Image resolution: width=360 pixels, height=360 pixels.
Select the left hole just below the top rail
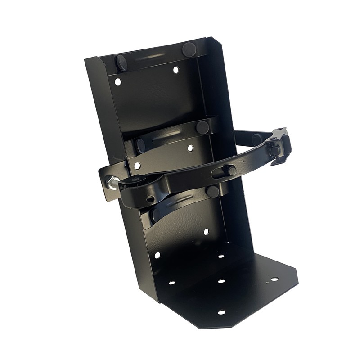118,82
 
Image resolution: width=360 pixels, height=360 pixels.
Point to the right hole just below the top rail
175,70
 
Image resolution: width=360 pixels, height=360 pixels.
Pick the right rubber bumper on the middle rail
202,127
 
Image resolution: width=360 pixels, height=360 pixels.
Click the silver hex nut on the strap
111,184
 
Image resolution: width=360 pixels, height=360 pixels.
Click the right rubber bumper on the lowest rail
212,191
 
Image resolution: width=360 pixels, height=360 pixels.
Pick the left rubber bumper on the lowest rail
155,215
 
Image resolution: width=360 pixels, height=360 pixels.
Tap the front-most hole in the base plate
221,312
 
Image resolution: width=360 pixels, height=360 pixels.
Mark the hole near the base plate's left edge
171,283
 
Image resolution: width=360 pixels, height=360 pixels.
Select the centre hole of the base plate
221,281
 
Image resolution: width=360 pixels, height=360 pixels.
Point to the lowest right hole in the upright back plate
205,232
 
